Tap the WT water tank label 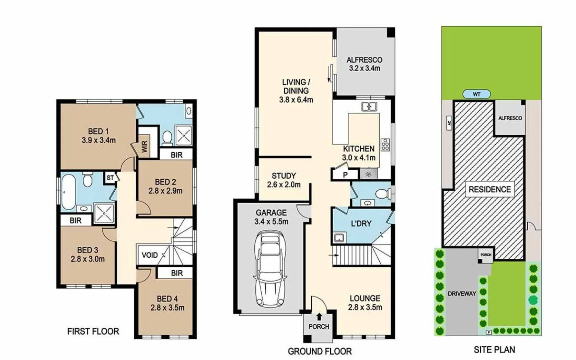476,94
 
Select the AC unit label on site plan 449,123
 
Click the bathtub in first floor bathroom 68,191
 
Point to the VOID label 150,255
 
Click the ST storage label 110,178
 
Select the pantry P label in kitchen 345,175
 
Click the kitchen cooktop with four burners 385,145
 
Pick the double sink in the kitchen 369,107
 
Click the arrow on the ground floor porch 319,316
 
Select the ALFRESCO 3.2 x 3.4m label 364,64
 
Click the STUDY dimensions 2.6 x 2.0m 284,185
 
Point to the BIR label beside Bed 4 177,273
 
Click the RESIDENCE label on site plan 489,189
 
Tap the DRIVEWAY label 462,294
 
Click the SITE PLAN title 494,350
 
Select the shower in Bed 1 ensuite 183,135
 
